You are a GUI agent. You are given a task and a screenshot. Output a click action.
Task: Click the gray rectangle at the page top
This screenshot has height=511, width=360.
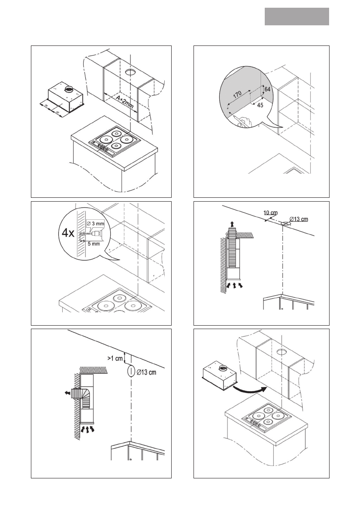[x=296, y=16]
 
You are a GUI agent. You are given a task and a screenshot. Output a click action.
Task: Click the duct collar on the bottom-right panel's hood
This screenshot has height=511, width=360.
[x=224, y=368]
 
